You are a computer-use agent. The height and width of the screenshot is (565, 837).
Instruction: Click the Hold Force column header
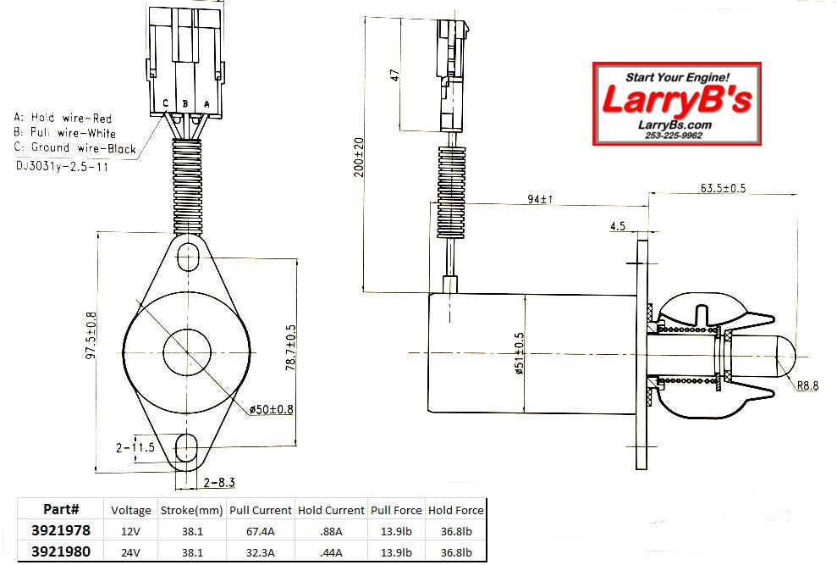456,510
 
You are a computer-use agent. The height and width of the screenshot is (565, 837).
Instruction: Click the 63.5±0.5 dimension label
722,187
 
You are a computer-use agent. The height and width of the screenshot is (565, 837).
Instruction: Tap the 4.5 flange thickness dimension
617,226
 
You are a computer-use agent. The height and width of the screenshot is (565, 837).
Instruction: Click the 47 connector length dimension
394,74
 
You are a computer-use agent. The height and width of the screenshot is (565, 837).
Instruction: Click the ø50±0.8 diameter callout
272,410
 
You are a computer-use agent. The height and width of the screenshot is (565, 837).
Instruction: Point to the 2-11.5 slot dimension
136,447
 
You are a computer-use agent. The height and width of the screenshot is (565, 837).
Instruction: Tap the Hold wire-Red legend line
63,118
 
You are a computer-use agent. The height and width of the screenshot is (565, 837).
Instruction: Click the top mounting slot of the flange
188,255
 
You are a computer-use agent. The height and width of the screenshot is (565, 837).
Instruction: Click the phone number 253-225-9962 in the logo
673,135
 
